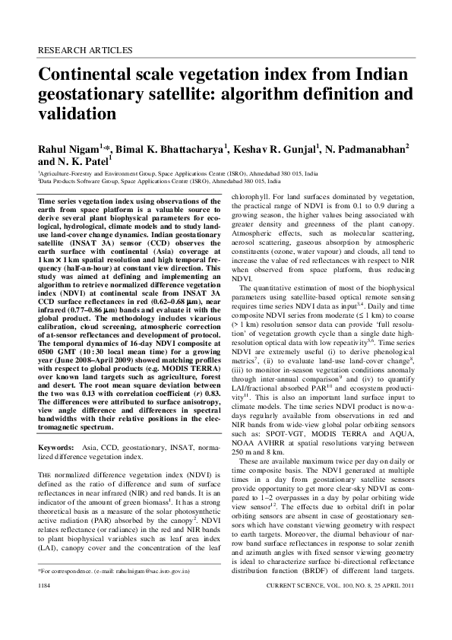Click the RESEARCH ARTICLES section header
point(84,51)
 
